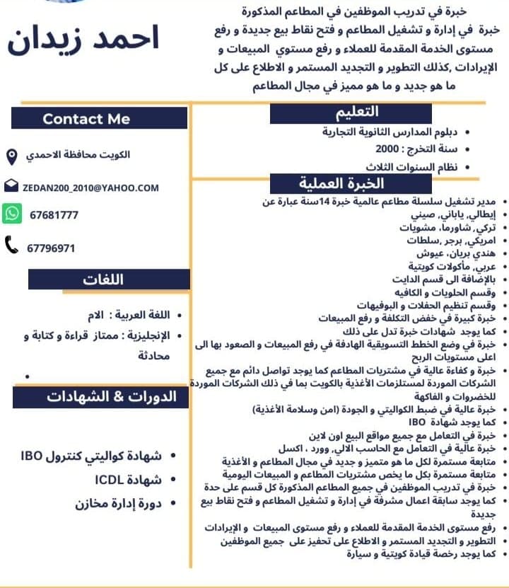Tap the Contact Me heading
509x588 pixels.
(x=86, y=119)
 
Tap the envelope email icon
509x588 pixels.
(x=11, y=187)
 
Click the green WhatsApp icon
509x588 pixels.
(x=12, y=214)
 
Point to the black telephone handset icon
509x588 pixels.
(x=12, y=246)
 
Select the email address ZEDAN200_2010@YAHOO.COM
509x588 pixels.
(x=90, y=188)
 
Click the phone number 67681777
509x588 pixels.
(x=54, y=215)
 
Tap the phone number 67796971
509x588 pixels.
(x=51, y=248)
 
